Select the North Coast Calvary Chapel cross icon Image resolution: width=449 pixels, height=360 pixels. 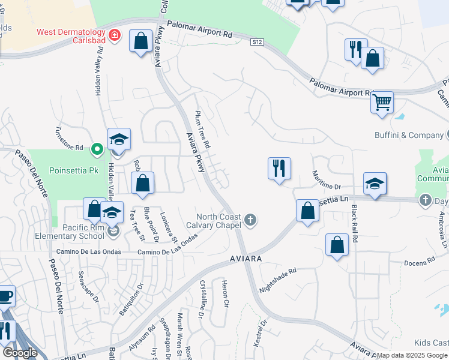[x=250, y=221]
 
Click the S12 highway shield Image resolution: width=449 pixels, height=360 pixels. [x=258, y=41]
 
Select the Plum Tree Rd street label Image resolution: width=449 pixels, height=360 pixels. [x=203, y=129]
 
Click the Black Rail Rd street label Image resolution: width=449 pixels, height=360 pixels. [x=355, y=223]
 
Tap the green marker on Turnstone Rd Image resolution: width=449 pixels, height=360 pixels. [x=96, y=148]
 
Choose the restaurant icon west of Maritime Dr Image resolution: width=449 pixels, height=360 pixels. [x=279, y=168]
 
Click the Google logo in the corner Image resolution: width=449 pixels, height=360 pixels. [x=19, y=353]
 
